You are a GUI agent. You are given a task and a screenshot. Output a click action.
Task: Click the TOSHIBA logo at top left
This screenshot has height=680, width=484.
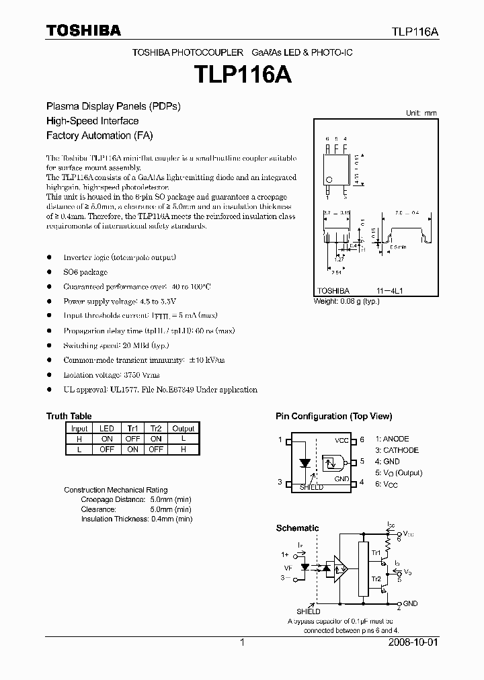point(83,30)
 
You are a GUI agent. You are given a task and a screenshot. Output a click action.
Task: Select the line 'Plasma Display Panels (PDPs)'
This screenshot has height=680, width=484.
point(113,106)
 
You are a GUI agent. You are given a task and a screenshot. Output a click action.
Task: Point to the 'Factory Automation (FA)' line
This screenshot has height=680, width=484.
point(99,135)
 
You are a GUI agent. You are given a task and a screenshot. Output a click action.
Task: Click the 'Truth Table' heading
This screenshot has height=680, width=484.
point(69,416)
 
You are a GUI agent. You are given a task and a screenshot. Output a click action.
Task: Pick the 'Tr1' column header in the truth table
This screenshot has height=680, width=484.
point(132,428)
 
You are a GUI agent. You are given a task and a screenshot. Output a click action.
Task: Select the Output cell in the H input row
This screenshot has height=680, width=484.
point(183,439)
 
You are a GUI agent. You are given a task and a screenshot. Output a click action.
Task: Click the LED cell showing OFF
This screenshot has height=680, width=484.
point(106,450)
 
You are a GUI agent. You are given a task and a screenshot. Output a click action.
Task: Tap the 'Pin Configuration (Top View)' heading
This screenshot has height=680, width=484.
point(333,417)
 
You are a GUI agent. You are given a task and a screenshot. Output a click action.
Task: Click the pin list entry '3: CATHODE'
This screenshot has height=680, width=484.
point(397,450)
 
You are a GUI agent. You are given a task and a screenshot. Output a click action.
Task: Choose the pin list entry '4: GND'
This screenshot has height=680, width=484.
point(387,462)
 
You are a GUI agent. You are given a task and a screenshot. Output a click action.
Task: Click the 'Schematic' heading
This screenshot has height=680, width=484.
point(297,528)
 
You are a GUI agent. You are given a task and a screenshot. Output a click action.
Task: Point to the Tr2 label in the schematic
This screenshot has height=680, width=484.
point(376,579)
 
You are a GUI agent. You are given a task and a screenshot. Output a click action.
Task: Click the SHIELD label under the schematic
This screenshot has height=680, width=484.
point(309,611)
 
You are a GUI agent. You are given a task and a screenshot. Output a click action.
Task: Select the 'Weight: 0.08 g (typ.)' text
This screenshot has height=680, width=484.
point(347,302)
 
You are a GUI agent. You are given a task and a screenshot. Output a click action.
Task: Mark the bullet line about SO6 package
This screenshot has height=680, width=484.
point(85,272)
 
